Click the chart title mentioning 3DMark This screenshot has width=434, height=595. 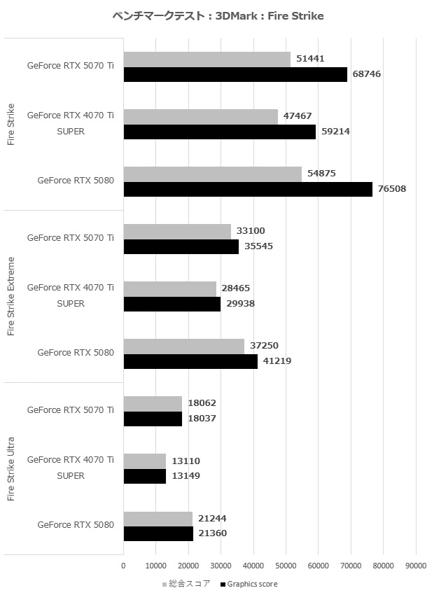click(x=217, y=15)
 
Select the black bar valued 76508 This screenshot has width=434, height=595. click(x=248, y=189)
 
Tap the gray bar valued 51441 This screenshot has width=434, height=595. click(x=206, y=59)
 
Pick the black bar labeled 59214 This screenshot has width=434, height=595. click(x=219, y=132)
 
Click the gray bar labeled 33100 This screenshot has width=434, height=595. click(x=177, y=231)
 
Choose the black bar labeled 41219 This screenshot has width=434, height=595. click(x=190, y=361)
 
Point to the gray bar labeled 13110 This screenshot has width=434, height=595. click(x=145, y=461)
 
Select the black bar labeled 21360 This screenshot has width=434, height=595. click(x=158, y=533)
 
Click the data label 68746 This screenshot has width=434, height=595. click(x=367, y=73)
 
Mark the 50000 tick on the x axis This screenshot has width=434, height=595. click(x=286, y=566)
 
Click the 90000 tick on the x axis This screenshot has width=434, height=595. click(x=416, y=566)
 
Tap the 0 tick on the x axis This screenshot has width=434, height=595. click(x=123, y=566)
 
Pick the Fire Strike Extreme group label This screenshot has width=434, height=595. click(x=10, y=296)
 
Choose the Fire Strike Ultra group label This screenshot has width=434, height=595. click(x=10, y=468)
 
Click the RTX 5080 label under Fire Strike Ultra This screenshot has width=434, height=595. click(x=76, y=525)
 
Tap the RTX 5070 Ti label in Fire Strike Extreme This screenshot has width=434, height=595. click(x=70, y=238)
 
